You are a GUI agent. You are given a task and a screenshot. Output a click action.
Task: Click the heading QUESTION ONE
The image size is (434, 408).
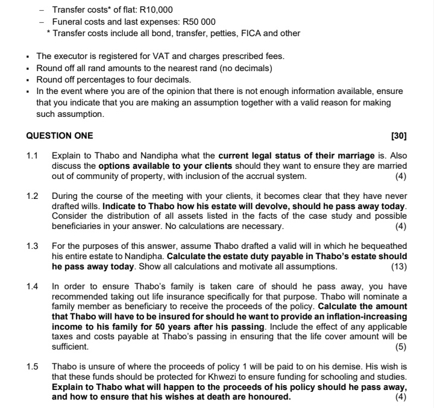[60, 136]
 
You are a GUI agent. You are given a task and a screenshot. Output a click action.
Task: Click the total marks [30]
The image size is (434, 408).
[398, 136]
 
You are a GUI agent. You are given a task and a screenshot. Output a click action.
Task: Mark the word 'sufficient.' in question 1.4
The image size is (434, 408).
[71, 347]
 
